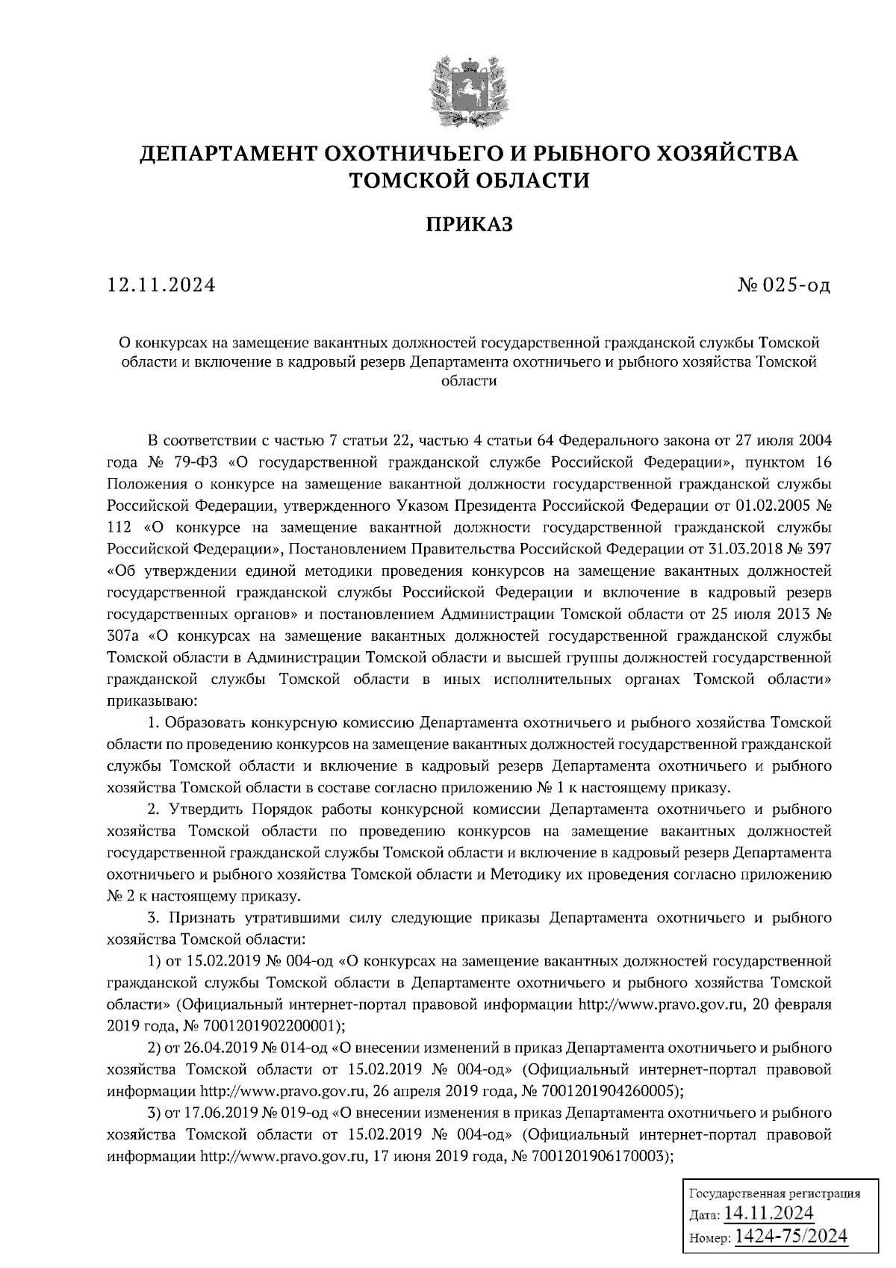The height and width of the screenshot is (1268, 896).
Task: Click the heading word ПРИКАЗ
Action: coord(470,224)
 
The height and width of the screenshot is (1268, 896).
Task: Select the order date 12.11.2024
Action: coord(161,285)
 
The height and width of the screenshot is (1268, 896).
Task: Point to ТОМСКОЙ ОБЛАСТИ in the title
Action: coord(470,180)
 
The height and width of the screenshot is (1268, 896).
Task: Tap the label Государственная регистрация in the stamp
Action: coord(773,1193)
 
